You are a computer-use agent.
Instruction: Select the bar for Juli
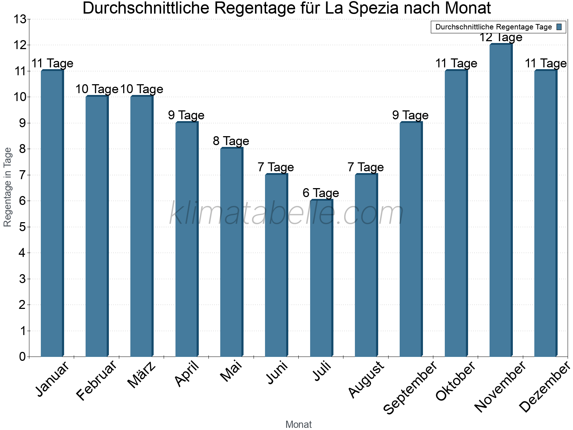tap(321, 278)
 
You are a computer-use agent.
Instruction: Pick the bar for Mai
tap(231, 252)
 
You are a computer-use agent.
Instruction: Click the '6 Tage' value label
tap(321, 193)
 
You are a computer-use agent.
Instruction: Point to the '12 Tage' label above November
tap(501, 37)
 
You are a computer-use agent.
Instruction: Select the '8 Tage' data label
tap(231, 141)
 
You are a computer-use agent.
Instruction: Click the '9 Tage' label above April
tap(186, 115)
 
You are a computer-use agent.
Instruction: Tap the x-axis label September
tap(410, 388)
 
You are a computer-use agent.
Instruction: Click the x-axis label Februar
tap(97, 381)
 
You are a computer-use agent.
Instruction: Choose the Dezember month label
tap(544, 387)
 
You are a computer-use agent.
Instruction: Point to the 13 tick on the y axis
tap(20, 19)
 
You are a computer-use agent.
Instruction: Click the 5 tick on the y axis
tap(22, 227)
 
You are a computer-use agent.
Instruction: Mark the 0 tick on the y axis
tap(22, 357)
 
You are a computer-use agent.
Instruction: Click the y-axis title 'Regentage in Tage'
tap(8, 187)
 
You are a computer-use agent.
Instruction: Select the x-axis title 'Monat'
tap(298, 424)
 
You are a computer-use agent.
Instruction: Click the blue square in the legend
tap(559, 27)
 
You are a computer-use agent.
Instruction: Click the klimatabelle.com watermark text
tap(286, 214)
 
